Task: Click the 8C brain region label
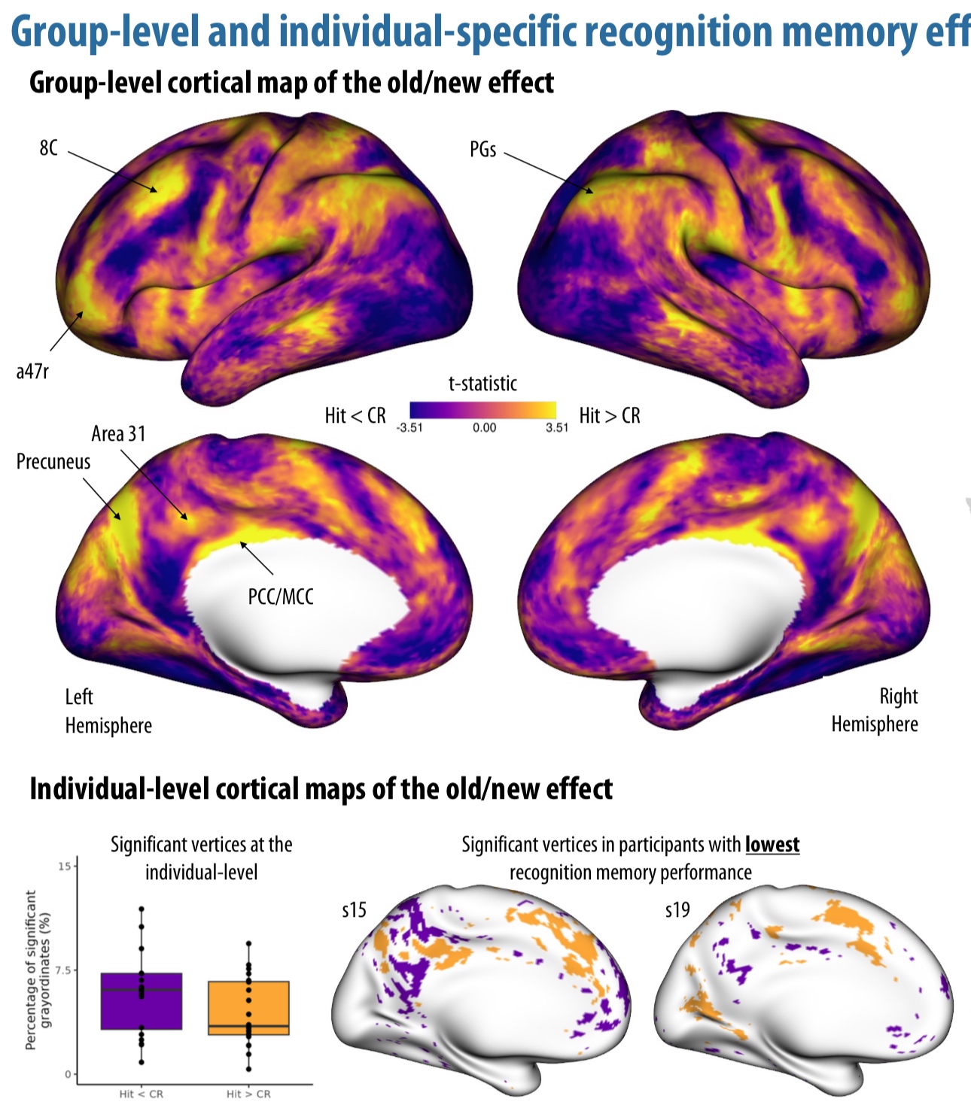click(x=48, y=147)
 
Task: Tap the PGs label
click(x=482, y=150)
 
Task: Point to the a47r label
click(x=32, y=371)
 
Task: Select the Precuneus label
click(x=53, y=461)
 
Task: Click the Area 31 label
click(x=118, y=433)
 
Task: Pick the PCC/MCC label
click(x=280, y=596)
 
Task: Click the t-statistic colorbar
click(x=482, y=410)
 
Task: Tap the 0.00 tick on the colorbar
click(x=484, y=427)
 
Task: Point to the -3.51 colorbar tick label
click(x=409, y=427)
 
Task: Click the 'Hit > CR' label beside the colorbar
click(x=610, y=415)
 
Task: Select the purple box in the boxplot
click(x=142, y=1000)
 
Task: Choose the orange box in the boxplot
click(x=248, y=1008)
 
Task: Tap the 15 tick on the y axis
click(x=64, y=867)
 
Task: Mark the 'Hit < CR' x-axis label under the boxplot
click(x=141, y=1094)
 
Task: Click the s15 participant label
click(x=354, y=910)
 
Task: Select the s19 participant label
click(x=677, y=910)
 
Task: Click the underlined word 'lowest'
click(x=772, y=845)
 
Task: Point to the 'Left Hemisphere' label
click(x=108, y=711)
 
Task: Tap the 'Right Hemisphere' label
click(x=875, y=709)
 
